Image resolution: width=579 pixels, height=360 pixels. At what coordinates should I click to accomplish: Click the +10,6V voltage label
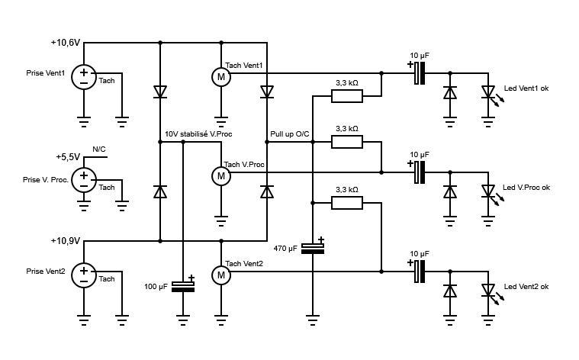(66, 43)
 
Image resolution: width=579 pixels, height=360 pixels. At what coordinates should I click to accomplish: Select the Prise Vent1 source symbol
(84, 77)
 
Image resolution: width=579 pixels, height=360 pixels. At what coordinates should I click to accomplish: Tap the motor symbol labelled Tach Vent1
(220, 77)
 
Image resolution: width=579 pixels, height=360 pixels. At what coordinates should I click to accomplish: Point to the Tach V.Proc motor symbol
(220, 176)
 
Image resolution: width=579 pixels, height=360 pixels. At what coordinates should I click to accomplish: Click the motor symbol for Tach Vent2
(220, 275)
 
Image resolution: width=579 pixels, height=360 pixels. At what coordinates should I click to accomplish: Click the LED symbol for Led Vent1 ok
(490, 95)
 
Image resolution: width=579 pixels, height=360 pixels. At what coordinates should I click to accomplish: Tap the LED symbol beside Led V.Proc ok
(490, 194)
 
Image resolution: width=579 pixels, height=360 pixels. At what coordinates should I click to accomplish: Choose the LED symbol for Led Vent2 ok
(490, 293)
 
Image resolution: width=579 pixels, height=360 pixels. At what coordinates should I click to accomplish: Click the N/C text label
(99, 149)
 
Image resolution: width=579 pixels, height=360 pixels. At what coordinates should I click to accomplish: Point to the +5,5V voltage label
(68, 157)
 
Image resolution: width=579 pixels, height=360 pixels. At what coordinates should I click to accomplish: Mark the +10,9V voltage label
(66, 241)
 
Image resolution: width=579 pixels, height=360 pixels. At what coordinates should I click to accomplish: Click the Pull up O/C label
(290, 134)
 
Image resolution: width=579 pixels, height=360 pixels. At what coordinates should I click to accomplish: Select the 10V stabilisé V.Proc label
(198, 134)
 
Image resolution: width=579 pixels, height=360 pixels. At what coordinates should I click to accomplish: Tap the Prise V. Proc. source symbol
(84, 180)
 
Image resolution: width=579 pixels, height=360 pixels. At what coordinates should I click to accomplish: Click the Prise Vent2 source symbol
(84, 275)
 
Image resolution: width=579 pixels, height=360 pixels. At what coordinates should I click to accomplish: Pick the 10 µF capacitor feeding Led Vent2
(419, 272)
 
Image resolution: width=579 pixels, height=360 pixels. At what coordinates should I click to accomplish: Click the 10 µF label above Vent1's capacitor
(420, 56)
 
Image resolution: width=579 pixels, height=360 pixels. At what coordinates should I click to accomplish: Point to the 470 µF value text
(285, 249)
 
